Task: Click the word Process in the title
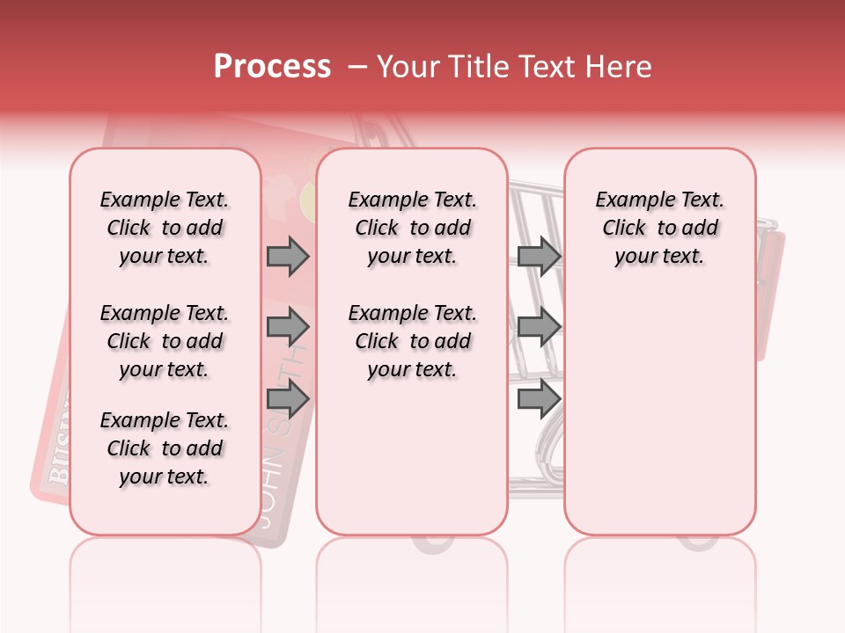click(x=272, y=67)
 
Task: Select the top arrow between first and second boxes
click(x=288, y=257)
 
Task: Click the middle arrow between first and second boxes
click(x=288, y=328)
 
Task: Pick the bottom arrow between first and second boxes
click(x=288, y=399)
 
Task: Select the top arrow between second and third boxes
click(x=539, y=257)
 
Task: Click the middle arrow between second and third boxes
click(x=539, y=328)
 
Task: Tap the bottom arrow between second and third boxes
click(x=539, y=399)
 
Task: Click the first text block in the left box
click(x=165, y=228)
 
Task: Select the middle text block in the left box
click(x=165, y=341)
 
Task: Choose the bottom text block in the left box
click(x=165, y=448)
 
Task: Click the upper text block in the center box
click(x=413, y=228)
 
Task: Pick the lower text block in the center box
click(x=413, y=341)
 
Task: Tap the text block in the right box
click(x=660, y=228)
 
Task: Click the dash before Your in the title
click(x=357, y=67)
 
